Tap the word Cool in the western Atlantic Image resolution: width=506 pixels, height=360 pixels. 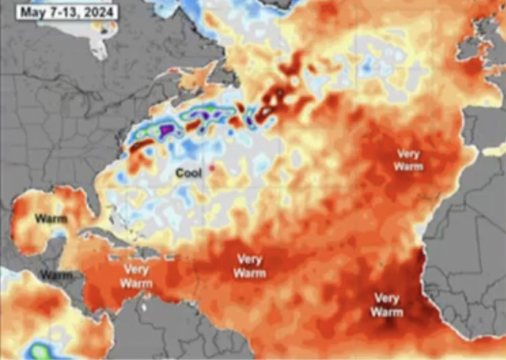click(x=190, y=173)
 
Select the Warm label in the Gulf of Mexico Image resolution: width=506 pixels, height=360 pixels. click(x=51, y=218)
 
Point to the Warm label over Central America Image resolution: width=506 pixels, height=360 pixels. click(x=56, y=275)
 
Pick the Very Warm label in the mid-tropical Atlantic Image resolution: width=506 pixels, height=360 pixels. click(x=249, y=266)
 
